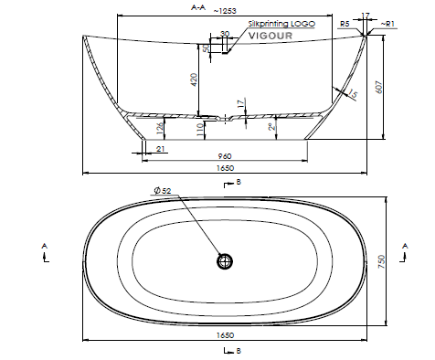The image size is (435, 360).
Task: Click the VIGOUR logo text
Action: [271, 36]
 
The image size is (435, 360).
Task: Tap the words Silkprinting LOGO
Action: [281, 24]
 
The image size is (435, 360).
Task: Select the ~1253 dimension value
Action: [225, 11]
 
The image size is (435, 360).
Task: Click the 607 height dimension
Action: [378, 87]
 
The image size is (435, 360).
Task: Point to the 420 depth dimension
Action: [195, 79]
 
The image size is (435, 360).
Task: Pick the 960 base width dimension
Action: [225, 156]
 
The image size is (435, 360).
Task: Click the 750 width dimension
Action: [381, 262]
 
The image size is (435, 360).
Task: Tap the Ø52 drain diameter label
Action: [163, 191]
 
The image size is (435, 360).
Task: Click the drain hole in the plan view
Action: [225, 261]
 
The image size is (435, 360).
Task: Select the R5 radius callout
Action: [345, 24]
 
